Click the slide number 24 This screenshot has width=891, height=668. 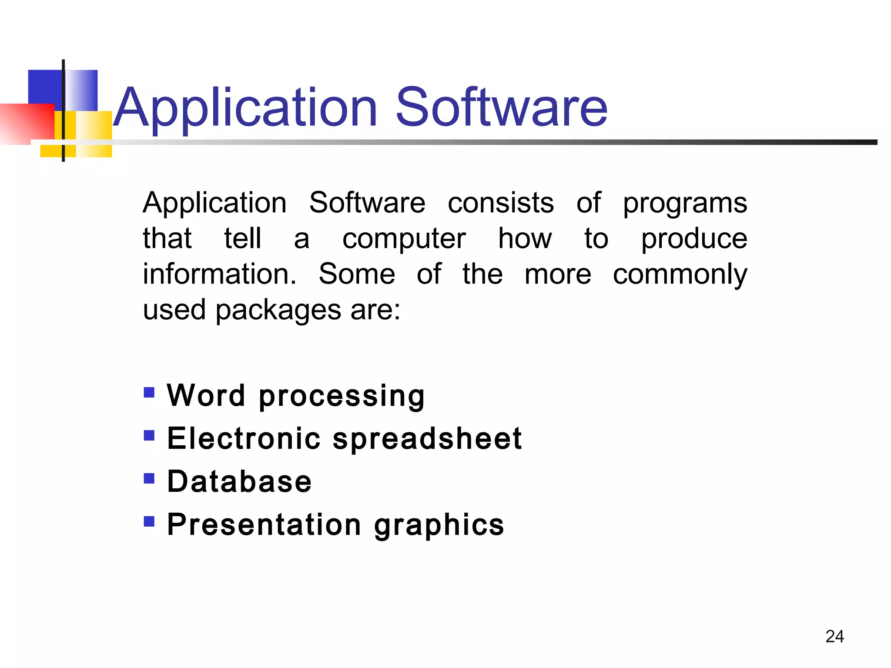(834, 636)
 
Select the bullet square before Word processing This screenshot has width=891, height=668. (149, 393)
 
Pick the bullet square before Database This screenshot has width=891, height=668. (149, 478)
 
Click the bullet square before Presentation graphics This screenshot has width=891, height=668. (149, 521)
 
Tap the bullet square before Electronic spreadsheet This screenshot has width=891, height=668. (149, 435)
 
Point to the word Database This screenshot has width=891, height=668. (239, 481)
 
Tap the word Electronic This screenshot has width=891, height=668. (244, 438)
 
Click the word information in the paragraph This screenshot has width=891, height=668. (219, 274)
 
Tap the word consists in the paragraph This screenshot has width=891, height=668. (501, 203)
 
